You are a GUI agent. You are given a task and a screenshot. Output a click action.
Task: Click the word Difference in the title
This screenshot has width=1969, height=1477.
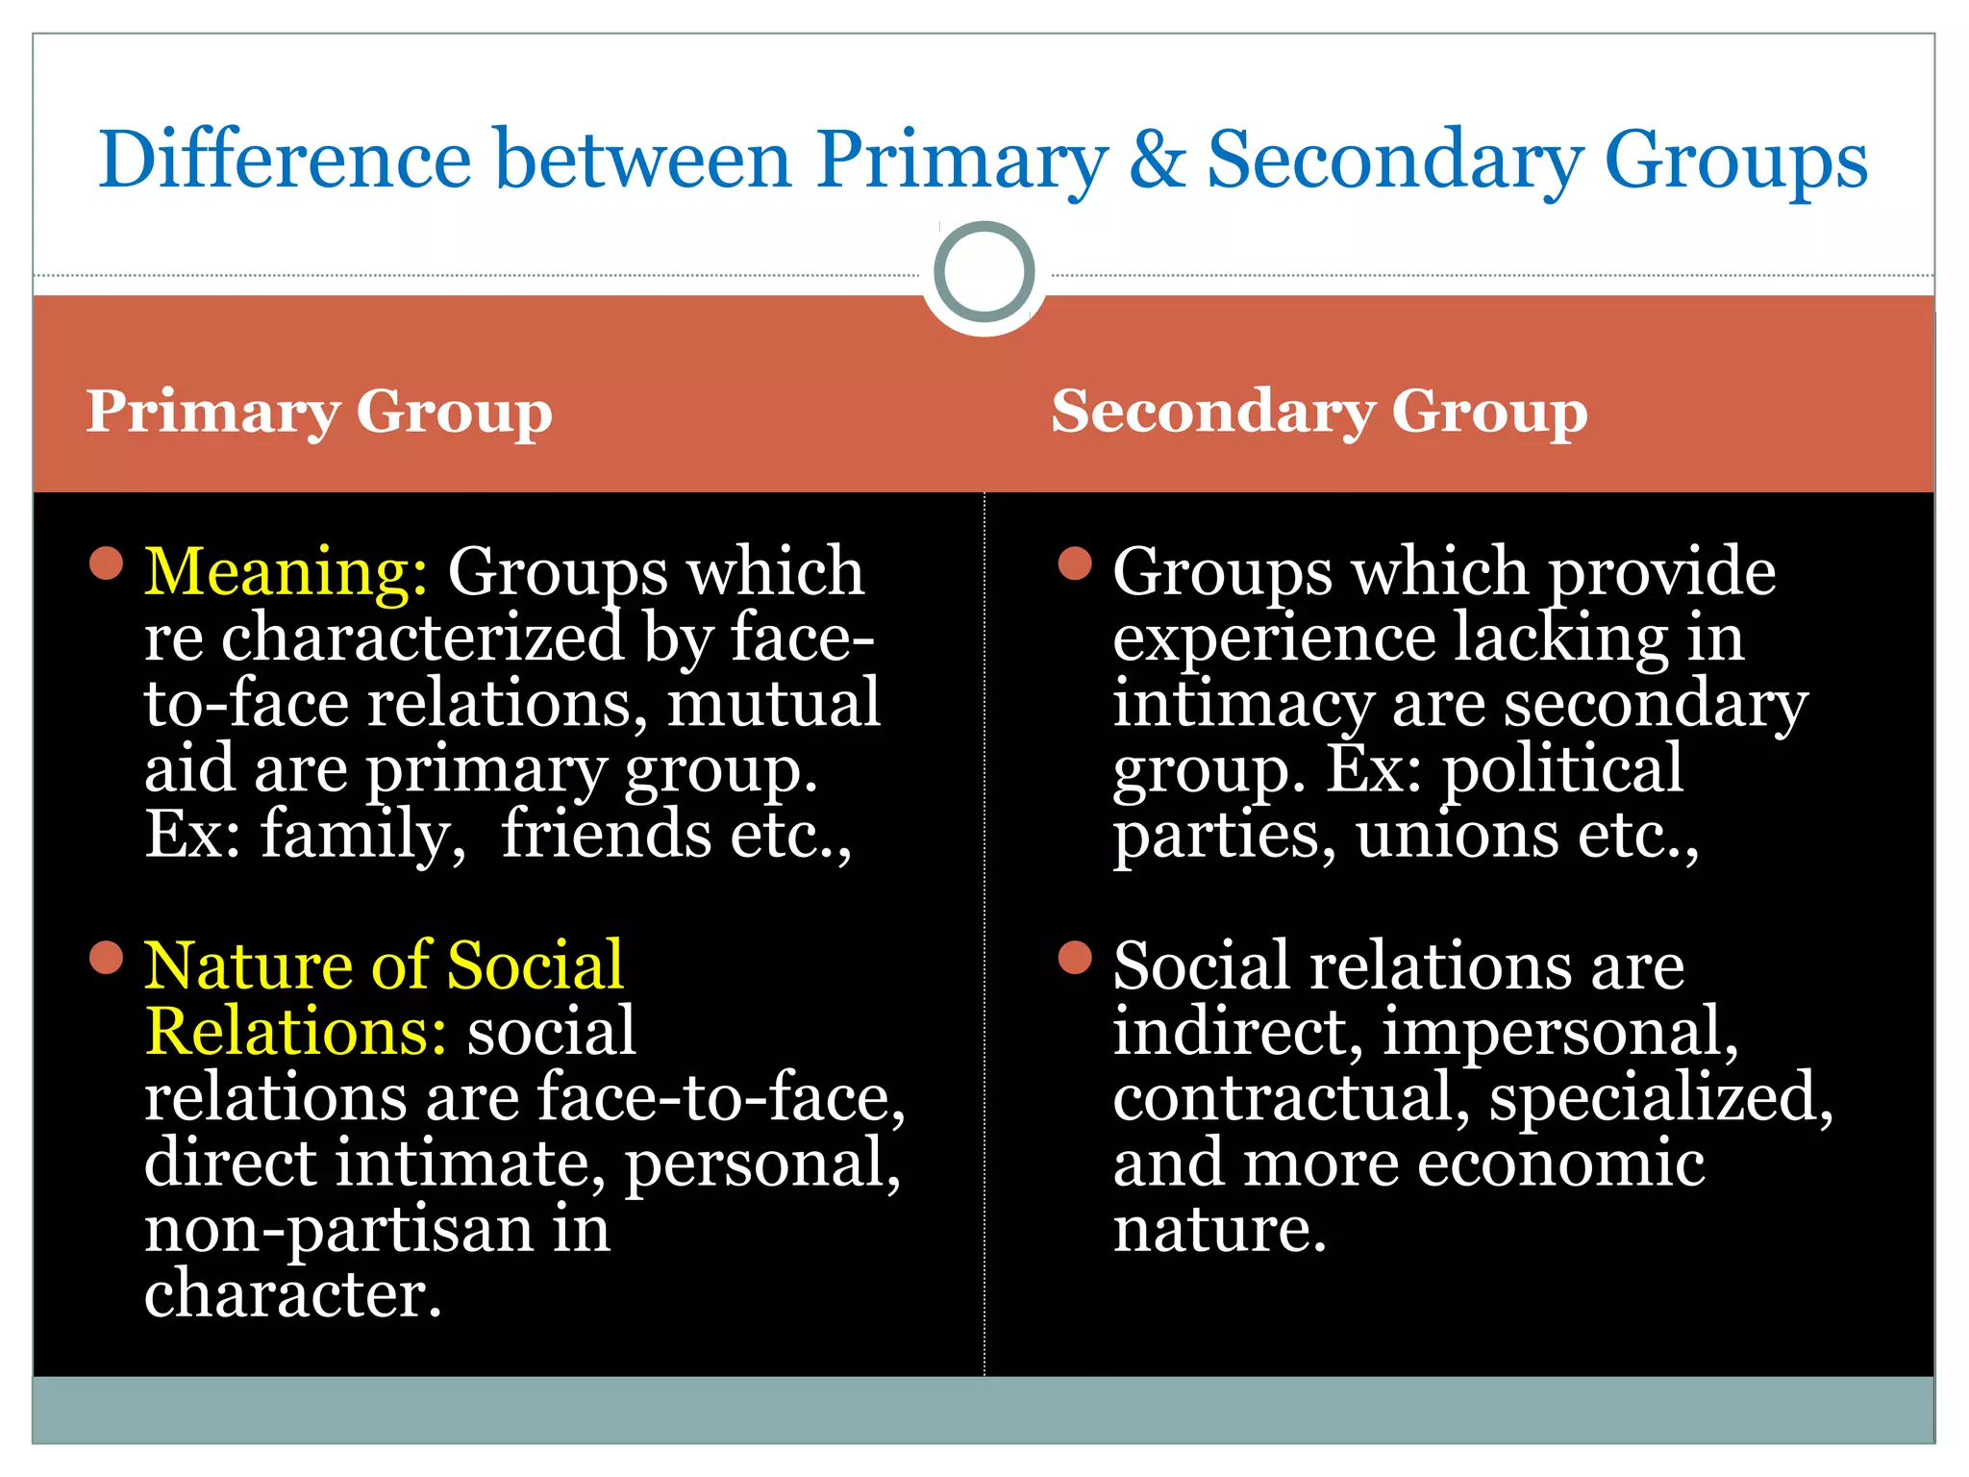286,160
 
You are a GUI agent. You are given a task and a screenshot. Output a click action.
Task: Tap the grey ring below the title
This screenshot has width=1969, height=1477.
984,272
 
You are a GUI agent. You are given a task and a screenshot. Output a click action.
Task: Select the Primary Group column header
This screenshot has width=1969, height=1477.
319,413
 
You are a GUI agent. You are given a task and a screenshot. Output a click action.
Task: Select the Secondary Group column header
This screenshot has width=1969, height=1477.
1319,413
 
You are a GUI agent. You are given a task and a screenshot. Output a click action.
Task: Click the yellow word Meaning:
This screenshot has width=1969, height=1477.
286,573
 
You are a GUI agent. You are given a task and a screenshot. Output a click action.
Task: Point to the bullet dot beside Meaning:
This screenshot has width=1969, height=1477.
106,563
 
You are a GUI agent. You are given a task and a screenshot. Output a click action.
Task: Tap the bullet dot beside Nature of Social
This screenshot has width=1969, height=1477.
106,958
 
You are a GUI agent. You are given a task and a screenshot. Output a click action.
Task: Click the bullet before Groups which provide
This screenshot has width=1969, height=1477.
1075,563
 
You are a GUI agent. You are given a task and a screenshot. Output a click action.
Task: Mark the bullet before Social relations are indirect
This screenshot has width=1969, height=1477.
1075,958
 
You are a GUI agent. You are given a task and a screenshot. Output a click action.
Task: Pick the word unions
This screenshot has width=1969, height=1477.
1457,835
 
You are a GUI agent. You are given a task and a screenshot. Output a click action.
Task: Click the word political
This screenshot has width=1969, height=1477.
1563,769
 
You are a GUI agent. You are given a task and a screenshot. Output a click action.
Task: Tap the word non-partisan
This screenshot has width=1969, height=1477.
338,1229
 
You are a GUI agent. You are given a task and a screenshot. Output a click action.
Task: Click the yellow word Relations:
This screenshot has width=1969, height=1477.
295,1032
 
